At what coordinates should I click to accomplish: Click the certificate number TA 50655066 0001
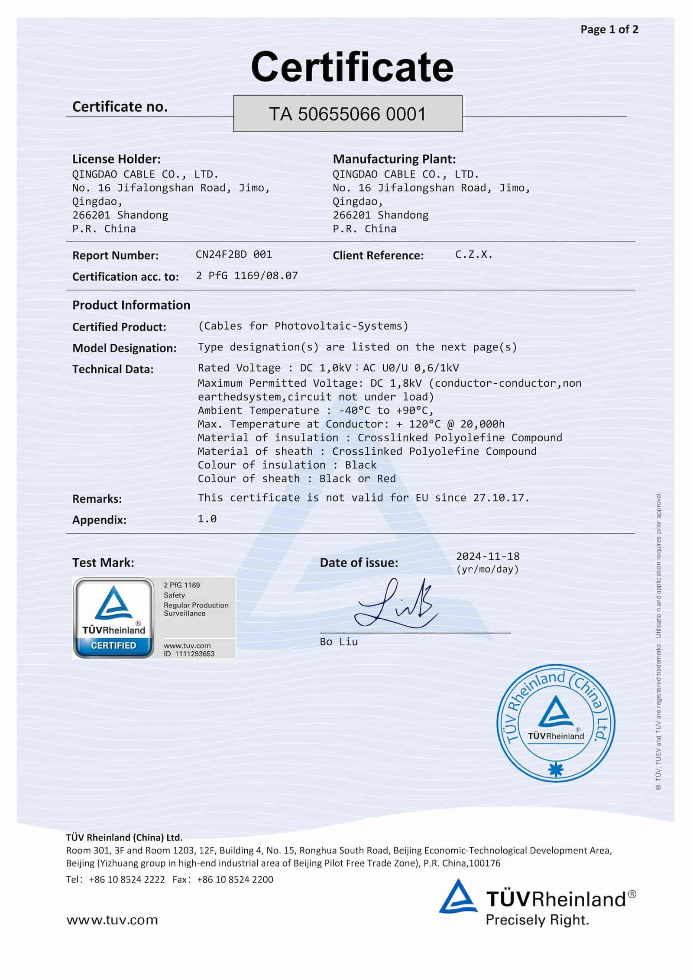pos(347,114)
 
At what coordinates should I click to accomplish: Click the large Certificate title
pos(352,67)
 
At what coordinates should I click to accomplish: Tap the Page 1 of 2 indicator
pos(609,29)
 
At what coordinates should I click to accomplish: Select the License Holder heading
pos(116,159)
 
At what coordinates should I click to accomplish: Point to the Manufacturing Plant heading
pos(394,159)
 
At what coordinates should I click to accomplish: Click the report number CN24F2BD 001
pos(233,254)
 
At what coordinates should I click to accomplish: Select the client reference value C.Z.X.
pos(473,254)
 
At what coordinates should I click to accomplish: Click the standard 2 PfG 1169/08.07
pos(246,275)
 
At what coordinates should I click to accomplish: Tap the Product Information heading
pos(131,305)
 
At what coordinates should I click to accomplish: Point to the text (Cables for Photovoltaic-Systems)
pos(303,326)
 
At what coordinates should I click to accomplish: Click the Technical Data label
pos(113,369)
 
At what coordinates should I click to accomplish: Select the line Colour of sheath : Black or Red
pos(296,478)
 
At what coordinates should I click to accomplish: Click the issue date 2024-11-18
pos(488,556)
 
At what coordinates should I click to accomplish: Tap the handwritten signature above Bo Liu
pos(395,604)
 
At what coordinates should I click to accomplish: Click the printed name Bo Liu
pos(339,641)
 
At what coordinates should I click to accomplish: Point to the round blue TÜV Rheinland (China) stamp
pos(556,723)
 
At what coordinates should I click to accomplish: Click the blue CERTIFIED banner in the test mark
pos(113,645)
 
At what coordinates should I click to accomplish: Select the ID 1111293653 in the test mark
pos(189,653)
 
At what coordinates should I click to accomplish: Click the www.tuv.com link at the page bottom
pos(112,920)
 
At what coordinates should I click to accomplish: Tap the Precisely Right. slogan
pos(537,920)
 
